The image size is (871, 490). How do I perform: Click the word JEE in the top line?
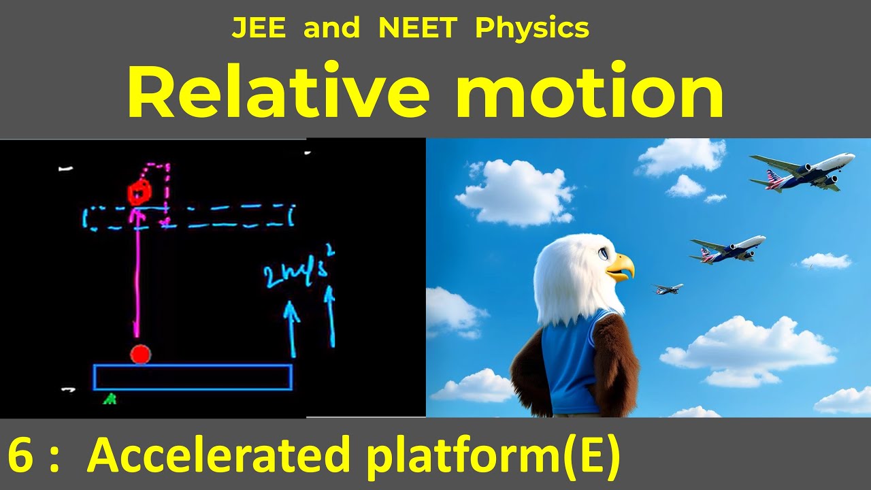point(257,29)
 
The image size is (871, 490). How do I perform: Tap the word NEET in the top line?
point(418,29)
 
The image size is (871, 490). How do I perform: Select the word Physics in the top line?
point(532,29)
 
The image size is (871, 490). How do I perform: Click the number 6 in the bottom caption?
point(20,455)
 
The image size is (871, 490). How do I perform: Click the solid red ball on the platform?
point(140,355)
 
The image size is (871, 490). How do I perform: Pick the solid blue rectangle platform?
point(193,378)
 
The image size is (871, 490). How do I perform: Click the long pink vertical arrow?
point(137,272)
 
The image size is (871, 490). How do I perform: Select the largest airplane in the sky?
point(804,169)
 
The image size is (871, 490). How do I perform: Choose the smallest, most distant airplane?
point(668,289)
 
